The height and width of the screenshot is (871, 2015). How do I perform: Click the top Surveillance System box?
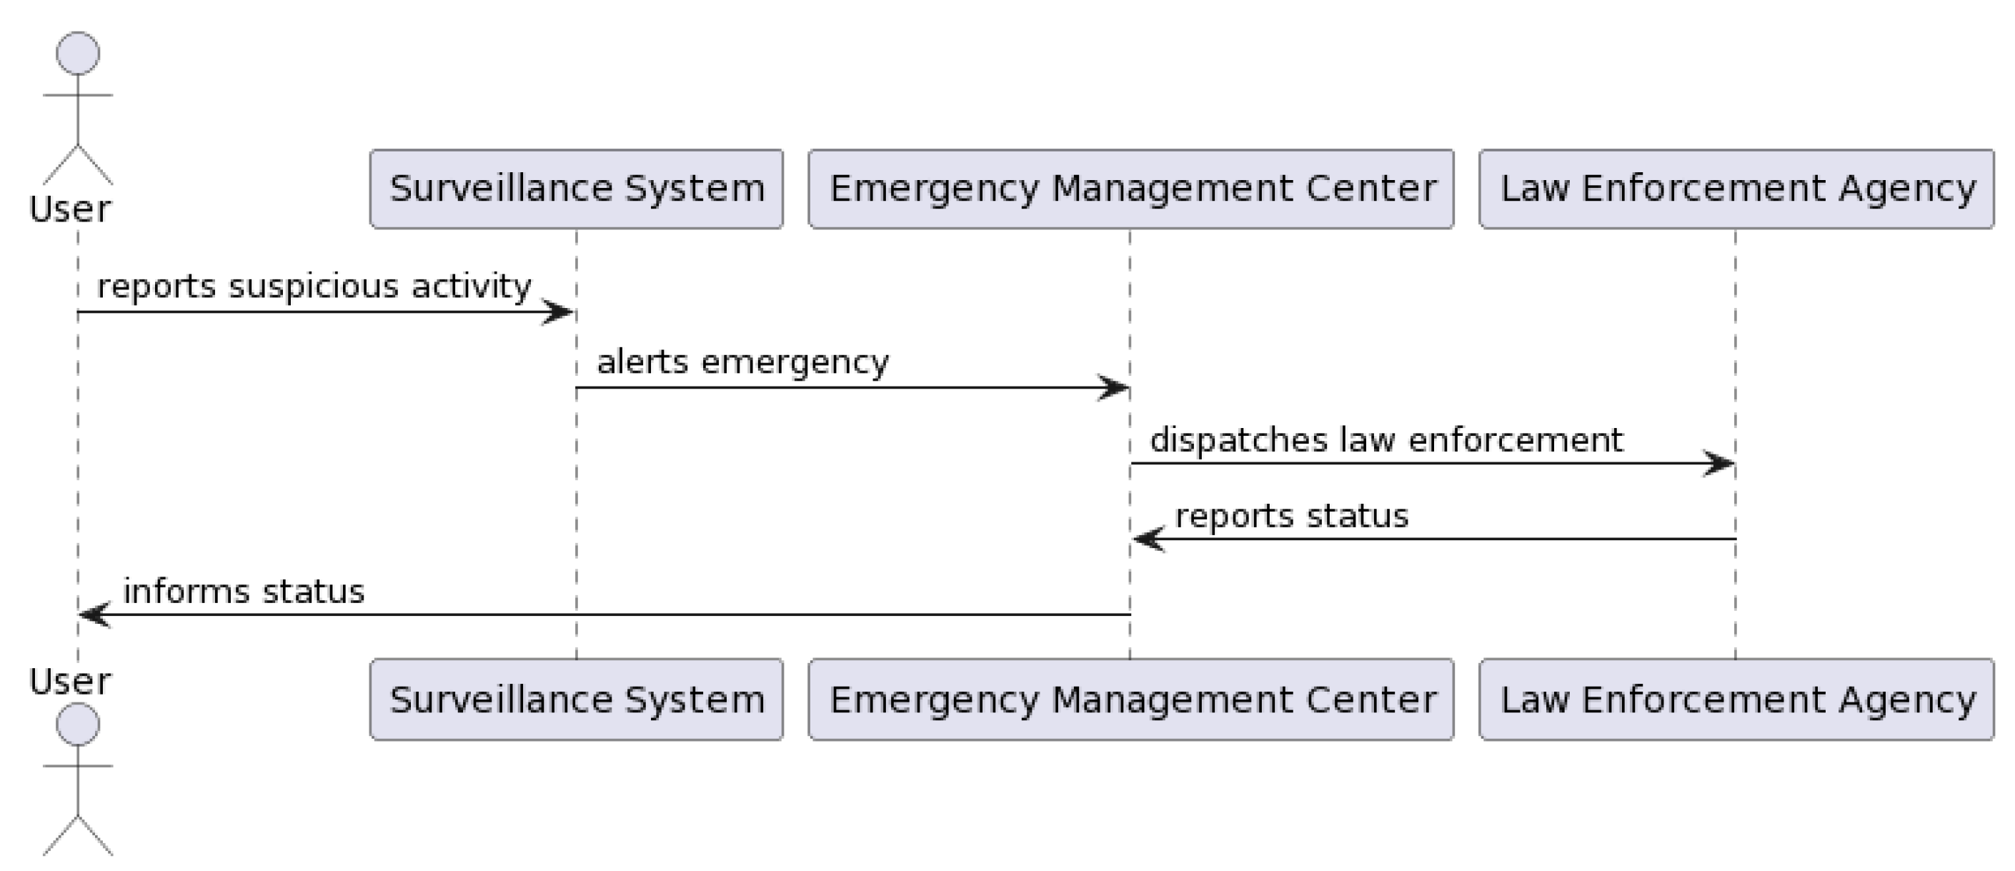pos(577,189)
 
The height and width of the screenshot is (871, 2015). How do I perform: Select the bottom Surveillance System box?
pos(577,699)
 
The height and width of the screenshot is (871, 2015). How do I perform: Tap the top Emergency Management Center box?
pos(1131,189)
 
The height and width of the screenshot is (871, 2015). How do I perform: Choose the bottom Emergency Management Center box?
pos(1131,699)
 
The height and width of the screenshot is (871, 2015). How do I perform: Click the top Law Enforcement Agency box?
pos(1736,189)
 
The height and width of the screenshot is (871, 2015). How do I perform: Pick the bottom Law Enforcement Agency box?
pos(1736,699)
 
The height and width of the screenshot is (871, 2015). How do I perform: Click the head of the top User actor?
pos(78,53)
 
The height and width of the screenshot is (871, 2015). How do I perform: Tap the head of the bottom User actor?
pos(78,724)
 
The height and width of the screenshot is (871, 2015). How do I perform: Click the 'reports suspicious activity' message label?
pos(314,286)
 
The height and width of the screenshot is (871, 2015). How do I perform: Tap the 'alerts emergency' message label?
pos(742,362)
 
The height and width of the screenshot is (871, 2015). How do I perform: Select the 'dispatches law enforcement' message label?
pos(1386,439)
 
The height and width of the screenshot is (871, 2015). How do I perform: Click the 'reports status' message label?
pos(1291,516)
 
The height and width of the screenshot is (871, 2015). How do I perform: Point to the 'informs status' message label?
pos(243,592)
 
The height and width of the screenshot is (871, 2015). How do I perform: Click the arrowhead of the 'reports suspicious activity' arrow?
pos(560,313)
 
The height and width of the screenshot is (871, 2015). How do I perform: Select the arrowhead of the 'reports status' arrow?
pos(1148,539)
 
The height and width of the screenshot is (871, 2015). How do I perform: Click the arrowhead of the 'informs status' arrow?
pos(94,615)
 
